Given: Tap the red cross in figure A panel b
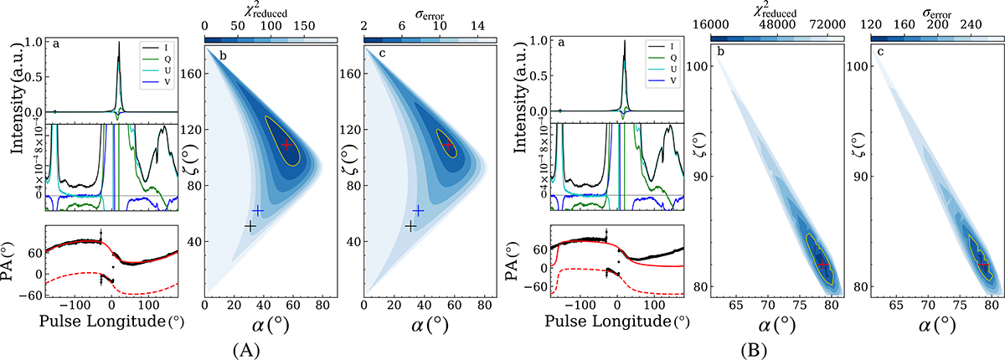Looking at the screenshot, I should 287,145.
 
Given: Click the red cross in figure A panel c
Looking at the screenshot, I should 447,145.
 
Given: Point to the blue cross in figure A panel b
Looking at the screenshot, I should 258,210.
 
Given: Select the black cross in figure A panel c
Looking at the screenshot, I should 410,226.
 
